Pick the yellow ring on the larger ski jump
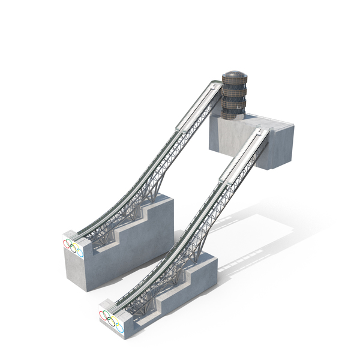tap(78, 247)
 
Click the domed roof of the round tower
tap(234, 77)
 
